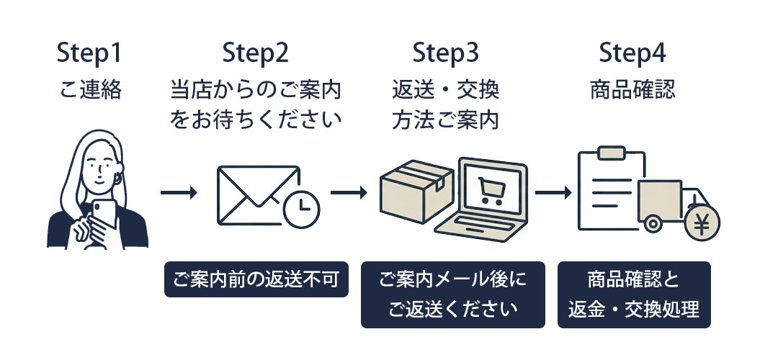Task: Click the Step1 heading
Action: [90, 54]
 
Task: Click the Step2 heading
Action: [255, 54]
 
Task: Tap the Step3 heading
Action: [445, 54]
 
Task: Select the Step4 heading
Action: [632, 54]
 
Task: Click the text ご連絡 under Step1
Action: [90, 91]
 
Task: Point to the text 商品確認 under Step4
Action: [632, 91]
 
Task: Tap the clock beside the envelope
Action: [302, 208]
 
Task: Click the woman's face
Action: [96, 165]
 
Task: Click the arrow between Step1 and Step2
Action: [179, 193]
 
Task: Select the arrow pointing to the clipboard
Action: [553, 193]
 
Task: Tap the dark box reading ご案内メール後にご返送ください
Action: [452, 294]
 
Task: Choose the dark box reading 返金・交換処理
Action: [634, 294]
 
